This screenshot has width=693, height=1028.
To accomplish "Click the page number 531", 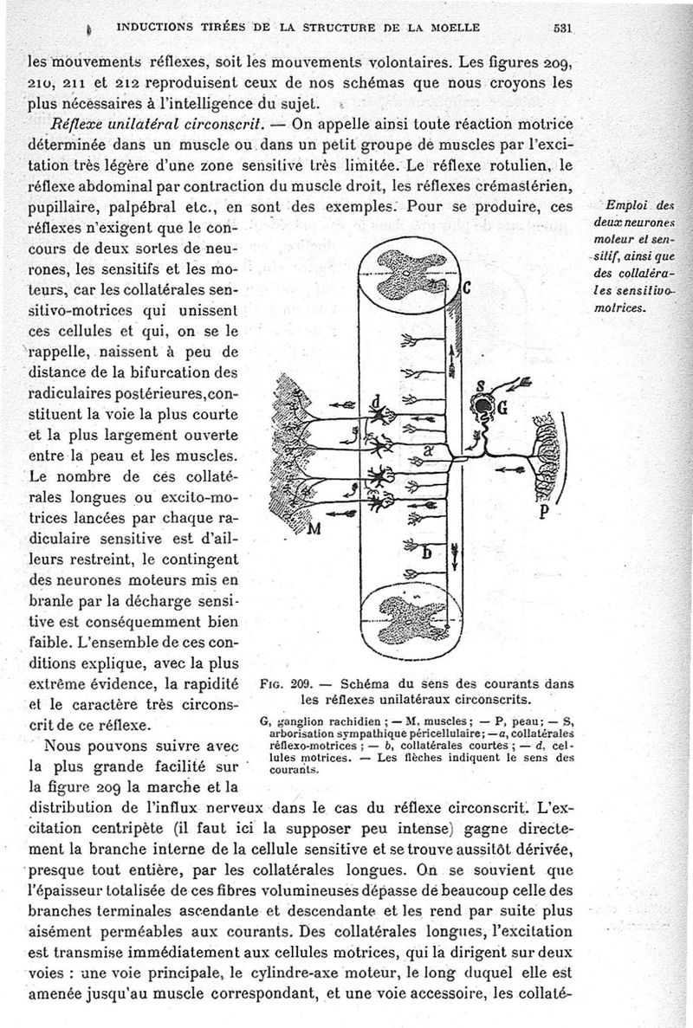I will (564, 28).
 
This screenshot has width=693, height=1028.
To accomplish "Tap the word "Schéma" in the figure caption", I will (354, 680).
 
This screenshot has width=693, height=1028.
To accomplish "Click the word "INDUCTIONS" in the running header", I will (149, 27).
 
